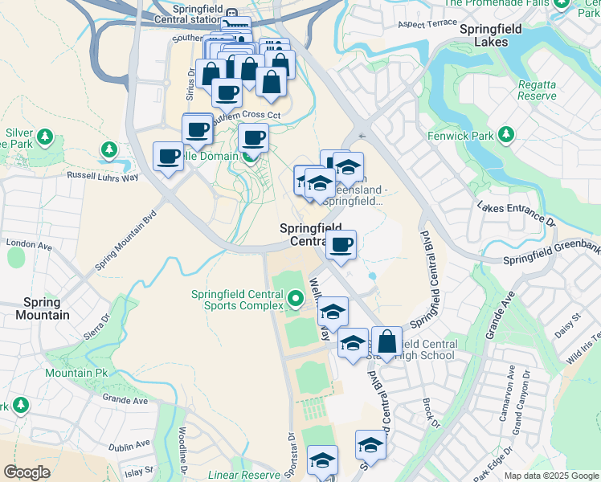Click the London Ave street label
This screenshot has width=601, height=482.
click(x=28, y=243)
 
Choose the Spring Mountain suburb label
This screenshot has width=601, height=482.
click(x=42, y=308)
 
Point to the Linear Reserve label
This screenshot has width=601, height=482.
click(x=245, y=476)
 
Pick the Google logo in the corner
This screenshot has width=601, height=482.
click(x=28, y=472)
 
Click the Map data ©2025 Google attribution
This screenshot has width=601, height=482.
click(x=550, y=476)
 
